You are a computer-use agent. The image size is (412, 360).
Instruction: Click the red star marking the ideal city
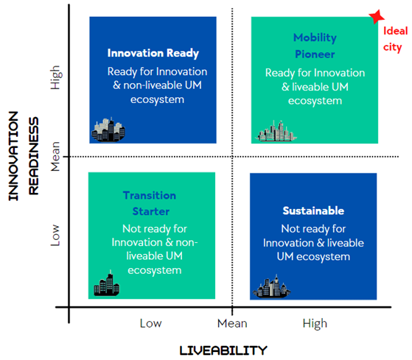point(377,16)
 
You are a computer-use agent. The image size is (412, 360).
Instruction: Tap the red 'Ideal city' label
point(395,39)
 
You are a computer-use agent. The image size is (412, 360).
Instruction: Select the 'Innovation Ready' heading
point(153,53)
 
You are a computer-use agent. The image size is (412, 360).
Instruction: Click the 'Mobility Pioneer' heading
point(315,46)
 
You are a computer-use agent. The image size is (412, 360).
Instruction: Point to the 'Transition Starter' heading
point(150,203)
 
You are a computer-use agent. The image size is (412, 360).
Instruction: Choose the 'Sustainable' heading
point(313,211)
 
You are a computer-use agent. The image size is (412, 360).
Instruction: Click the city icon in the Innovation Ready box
point(108,130)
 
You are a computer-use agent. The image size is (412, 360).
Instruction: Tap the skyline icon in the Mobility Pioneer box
point(276,131)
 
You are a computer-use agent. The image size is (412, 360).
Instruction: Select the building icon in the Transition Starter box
point(107,283)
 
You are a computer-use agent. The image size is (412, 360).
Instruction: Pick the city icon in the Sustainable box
point(272,286)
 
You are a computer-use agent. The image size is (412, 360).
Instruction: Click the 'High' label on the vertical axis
point(55,77)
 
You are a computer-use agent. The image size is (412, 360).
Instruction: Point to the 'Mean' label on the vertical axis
point(55,156)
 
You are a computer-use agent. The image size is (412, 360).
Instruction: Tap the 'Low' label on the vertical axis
point(55,235)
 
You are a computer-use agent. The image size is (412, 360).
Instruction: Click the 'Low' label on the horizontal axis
point(150,323)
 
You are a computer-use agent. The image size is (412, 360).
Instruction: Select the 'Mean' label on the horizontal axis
point(232,323)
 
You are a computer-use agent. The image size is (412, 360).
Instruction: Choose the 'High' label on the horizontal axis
point(315,324)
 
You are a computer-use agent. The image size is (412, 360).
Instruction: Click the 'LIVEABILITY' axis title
point(223,350)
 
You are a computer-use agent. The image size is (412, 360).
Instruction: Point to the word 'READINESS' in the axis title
point(34,156)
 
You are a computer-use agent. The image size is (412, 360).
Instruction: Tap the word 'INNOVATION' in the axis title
point(13,156)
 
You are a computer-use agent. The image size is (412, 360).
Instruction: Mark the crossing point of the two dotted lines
point(232,157)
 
